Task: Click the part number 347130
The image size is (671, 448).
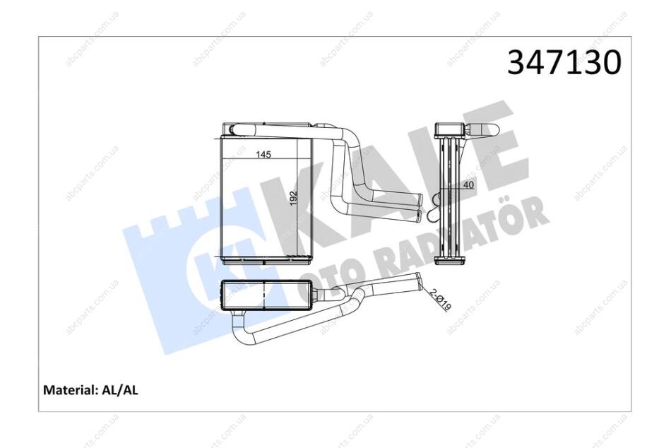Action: pyautogui.click(x=564, y=62)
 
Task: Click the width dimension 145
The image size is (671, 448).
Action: pyautogui.click(x=263, y=155)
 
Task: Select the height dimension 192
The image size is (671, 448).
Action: pyautogui.click(x=293, y=197)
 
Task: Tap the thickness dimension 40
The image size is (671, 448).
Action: pyautogui.click(x=470, y=185)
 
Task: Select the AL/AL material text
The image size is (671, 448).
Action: pyautogui.click(x=120, y=390)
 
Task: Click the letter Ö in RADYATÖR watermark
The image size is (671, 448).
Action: pyautogui.click(x=531, y=214)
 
